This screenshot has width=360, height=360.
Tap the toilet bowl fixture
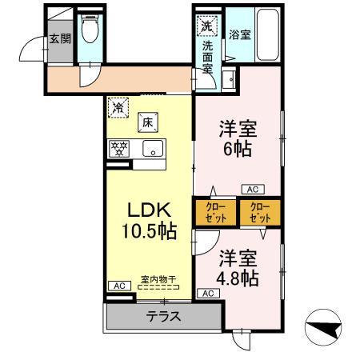point(90,32)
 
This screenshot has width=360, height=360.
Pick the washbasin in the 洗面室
point(229,79)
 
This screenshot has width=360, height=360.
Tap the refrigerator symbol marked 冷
point(118,106)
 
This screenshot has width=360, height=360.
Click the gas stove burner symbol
point(118,149)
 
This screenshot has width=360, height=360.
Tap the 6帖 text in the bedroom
point(238,148)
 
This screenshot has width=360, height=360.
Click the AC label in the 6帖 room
point(251,190)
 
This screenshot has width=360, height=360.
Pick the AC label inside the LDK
point(117,286)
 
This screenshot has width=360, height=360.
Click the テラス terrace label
point(162,316)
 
